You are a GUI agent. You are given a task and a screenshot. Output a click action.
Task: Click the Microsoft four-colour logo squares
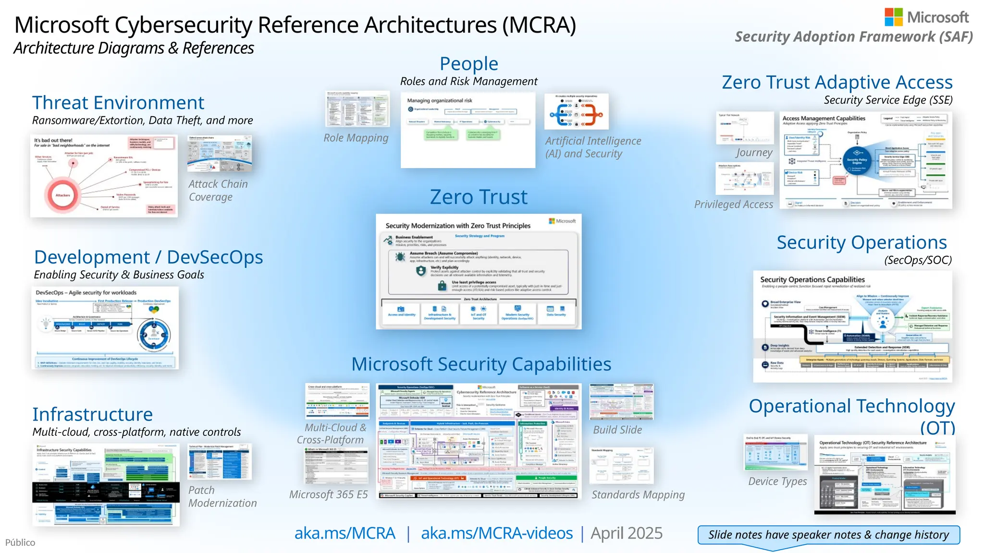coord(893,17)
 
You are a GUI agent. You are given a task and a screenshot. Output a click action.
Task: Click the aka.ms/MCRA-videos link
coord(496,533)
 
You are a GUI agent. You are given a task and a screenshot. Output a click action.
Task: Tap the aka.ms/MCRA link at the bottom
coord(344,533)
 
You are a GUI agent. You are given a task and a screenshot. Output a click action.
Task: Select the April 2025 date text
coord(626,533)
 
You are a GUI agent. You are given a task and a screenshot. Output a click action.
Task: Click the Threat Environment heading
coord(118,103)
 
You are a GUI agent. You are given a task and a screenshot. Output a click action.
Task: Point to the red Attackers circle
coord(62,195)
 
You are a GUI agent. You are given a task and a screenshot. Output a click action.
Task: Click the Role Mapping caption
coord(356,138)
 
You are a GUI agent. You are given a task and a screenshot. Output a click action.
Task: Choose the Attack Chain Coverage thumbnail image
coord(220,154)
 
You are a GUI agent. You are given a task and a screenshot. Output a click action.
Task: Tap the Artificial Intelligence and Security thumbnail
coord(576,111)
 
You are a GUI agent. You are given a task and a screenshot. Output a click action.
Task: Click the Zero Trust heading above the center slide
coord(478,197)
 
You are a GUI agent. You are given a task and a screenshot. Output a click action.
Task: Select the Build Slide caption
coord(617,430)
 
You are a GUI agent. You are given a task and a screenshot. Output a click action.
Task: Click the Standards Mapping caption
coord(638,495)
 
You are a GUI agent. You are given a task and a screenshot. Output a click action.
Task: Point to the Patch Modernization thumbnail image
coord(220,461)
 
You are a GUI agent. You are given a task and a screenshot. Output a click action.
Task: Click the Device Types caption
coord(777,481)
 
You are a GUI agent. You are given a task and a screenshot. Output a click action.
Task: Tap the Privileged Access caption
coord(733,204)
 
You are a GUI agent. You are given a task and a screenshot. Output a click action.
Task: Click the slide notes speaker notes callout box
coord(828,535)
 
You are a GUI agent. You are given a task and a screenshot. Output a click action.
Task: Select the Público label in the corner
coord(20,542)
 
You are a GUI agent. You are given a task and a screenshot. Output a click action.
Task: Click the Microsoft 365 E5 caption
coord(328,494)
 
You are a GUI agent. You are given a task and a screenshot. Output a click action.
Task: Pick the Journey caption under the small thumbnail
coord(754,153)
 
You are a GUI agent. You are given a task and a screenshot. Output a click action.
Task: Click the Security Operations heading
coord(861,242)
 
